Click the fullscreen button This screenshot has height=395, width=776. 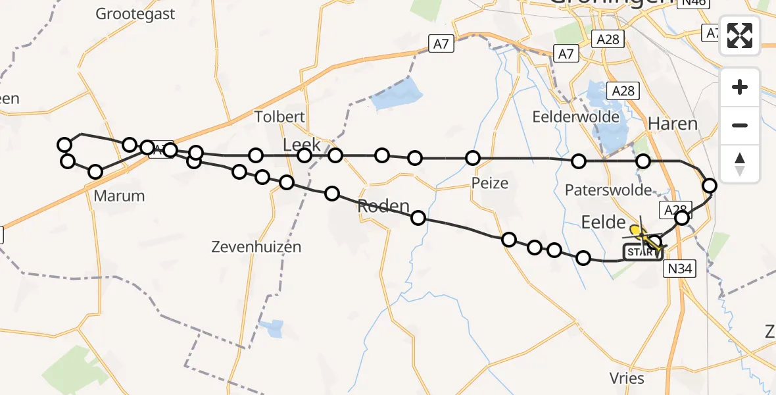[x=740, y=36]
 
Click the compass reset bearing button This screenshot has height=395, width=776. [x=740, y=164]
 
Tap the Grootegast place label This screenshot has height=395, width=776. [x=135, y=13]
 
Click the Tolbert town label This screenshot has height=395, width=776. [x=280, y=117]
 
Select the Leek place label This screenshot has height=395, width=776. [x=301, y=145]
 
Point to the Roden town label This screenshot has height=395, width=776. [x=383, y=206]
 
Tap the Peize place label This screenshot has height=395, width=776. [x=490, y=182]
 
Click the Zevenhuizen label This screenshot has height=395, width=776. [x=256, y=247]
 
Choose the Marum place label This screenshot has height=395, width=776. [x=119, y=196]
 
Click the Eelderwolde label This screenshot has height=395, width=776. [x=576, y=117]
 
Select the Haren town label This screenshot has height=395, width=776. [x=672, y=123]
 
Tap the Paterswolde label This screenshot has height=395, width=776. [x=608, y=190]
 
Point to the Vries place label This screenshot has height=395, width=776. [x=627, y=378]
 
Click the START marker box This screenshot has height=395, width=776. [x=642, y=252]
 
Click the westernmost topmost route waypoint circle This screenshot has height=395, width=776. [x=64, y=145]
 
